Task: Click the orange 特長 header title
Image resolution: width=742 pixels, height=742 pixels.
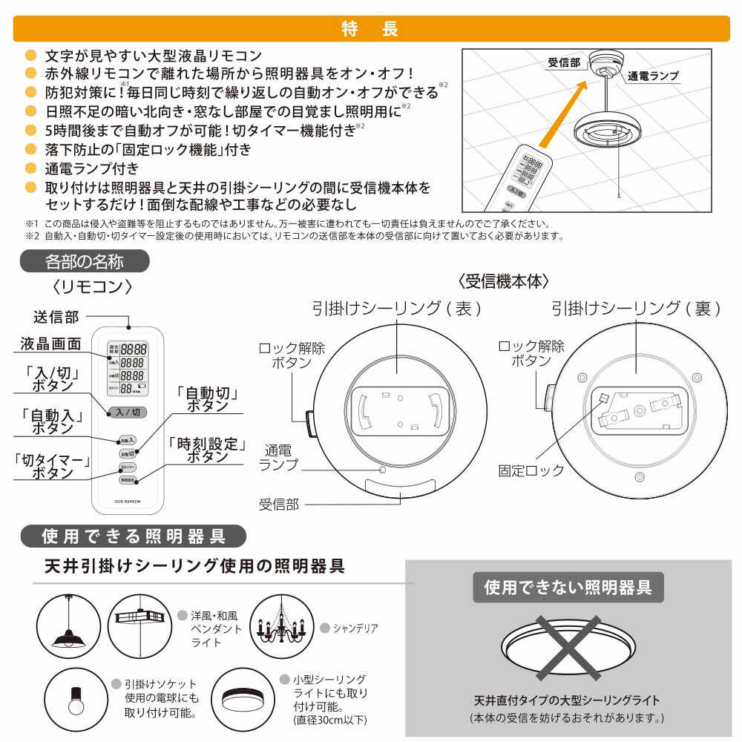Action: tap(370, 28)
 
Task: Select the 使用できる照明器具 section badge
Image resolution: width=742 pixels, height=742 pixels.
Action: tap(134, 535)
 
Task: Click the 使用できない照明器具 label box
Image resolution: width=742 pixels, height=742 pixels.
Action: tap(568, 588)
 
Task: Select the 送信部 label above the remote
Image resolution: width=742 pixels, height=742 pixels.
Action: tap(56, 317)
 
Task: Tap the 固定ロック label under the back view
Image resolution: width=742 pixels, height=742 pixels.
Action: tap(531, 470)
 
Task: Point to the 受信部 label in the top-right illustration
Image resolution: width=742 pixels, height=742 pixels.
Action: tap(564, 62)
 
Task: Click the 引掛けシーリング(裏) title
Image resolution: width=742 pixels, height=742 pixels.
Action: tap(635, 308)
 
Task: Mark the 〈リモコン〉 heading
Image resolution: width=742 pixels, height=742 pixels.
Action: tap(92, 286)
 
